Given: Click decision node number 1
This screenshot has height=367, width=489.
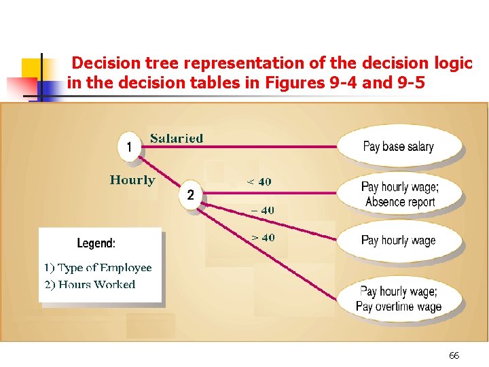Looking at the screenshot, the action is [129, 146].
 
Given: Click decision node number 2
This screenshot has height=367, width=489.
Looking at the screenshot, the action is [190, 195].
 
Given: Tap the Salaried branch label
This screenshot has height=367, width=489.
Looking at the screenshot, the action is [177, 139].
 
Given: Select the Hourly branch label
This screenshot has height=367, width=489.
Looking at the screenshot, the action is [132, 180].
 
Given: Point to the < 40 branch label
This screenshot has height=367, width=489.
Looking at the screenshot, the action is [259, 181].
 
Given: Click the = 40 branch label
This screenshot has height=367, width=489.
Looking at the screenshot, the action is [262, 210].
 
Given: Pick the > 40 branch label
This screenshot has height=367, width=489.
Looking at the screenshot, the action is [262, 238].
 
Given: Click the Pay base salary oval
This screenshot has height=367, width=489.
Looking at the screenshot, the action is [399, 146].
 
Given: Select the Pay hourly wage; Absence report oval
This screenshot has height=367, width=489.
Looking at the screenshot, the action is [400, 194].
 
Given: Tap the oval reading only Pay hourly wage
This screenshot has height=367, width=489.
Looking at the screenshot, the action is [399, 240].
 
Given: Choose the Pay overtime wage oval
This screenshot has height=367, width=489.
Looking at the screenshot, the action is [399, 299].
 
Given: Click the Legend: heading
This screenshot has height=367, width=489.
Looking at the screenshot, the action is [96, 243].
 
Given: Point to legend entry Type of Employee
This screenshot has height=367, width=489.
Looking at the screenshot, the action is [98, 268].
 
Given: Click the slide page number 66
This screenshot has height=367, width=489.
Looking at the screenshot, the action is [454, 355].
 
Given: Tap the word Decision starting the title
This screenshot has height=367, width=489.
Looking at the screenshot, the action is [105, 63].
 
